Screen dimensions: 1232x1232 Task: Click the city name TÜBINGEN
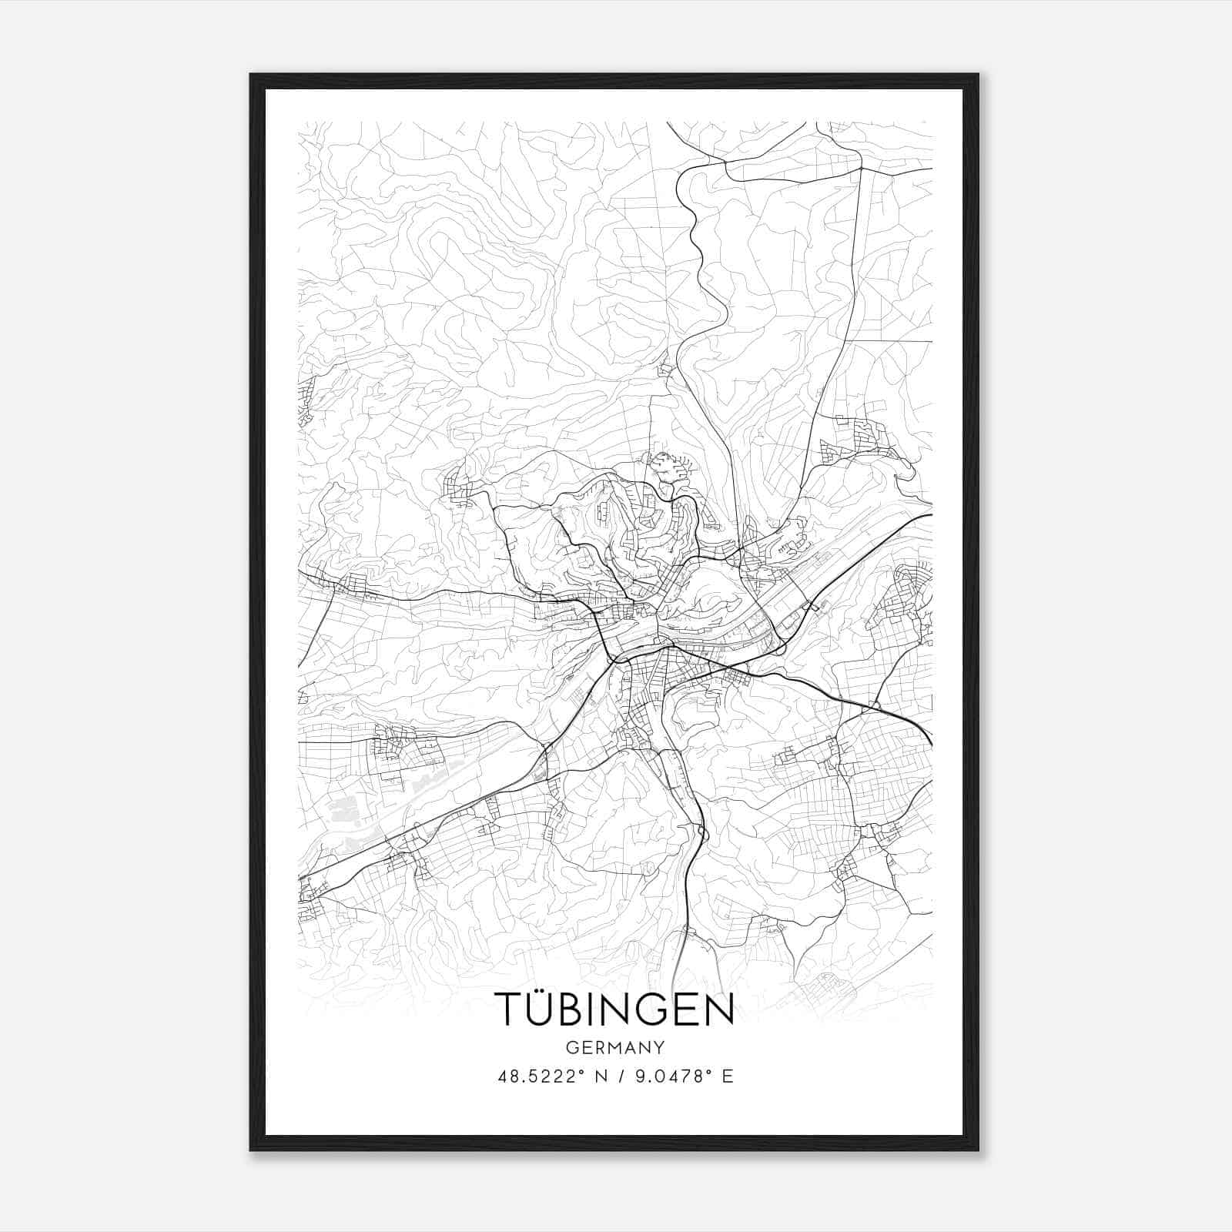pos(613,1009)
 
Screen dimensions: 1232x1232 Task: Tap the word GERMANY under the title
pos(614,1048)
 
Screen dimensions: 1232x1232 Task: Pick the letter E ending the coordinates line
pos(727,1076)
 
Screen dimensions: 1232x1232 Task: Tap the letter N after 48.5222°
pos(601,1076)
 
